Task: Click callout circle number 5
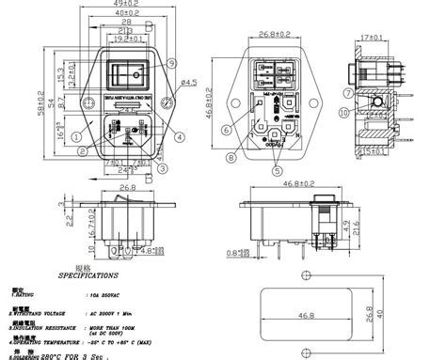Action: pyautogui.click(x=275, y=170)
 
